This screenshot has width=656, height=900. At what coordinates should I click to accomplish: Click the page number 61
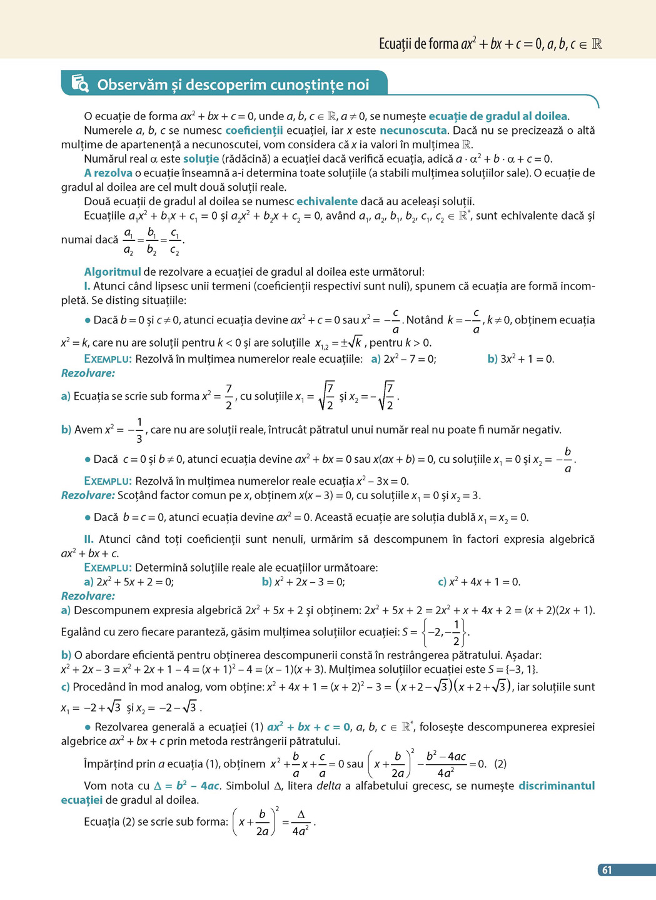click(x=607, y=870)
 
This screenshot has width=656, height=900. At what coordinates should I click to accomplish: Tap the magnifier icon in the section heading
click(x=80, y=83)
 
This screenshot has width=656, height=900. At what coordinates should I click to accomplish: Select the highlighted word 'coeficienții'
click(x=254, y=130)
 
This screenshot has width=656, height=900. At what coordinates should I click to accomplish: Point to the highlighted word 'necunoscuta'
click(x=413, y=130)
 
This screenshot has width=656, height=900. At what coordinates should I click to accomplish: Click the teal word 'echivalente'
click(x=327, y=201)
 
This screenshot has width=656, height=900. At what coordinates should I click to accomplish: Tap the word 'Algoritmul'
click(x=113, y=272)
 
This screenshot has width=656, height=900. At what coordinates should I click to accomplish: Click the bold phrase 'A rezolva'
click(x=108, y=173)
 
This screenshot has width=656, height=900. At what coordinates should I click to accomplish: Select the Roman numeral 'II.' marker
click(x=89, y=539)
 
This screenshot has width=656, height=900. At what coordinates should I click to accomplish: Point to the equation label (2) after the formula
click(x=500, y=764)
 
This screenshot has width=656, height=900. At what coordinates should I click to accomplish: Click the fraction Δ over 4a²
click(x=301, y=822)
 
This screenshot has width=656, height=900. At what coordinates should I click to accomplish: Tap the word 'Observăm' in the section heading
click(x=132, y=84)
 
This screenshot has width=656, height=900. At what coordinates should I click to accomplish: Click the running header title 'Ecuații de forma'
click(x=418, y=44)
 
